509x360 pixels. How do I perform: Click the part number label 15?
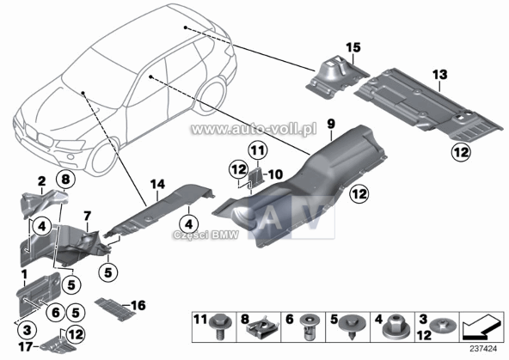click(350, 46)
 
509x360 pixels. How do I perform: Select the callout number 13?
click(440, 76)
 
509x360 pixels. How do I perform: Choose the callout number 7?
click(87, 214)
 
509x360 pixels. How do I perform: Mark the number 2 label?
click(40, 180)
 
